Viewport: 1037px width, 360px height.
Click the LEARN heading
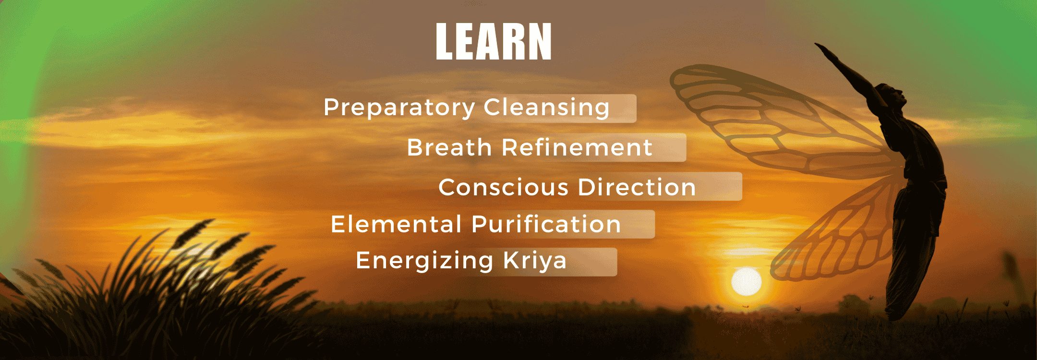click(494, 42)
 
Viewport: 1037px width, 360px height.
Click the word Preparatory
click(399, 108)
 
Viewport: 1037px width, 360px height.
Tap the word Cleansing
click(546, 107)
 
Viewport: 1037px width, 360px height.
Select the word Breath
click(449, 147)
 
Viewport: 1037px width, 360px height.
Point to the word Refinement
click(577, 147)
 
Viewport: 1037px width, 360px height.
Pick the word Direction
click(637, 187)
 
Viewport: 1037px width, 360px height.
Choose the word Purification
click(546, 225)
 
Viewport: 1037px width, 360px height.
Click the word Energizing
click(424, 261)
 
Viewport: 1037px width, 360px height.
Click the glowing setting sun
click(746, 282)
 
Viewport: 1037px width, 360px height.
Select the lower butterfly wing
click(831, 235)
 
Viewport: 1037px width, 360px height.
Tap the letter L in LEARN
click(445, 42)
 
